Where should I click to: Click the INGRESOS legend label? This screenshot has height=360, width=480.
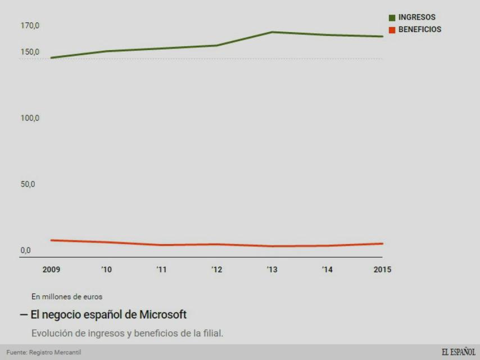point(416,17)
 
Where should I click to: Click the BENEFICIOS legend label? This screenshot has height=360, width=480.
point(420,29)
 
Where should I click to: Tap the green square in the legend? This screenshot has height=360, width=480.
point(392,18)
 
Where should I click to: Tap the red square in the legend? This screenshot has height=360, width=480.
point(392,30)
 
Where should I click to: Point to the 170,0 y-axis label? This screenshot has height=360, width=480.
point(30,26)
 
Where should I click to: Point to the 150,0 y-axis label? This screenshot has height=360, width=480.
point(30,52)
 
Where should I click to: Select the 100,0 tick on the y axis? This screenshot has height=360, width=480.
point(30,119)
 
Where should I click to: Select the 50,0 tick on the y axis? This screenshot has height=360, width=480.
point(28,184)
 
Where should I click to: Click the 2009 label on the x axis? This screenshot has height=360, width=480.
point(52,269)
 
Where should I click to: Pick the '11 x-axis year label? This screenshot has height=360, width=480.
point(161,269)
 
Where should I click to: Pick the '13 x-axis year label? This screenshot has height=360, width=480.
point(272,269)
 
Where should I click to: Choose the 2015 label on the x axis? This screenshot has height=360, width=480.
point(382,269)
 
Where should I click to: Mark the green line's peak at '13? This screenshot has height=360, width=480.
point(272,32)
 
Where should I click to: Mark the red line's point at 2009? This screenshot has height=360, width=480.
point(52,240)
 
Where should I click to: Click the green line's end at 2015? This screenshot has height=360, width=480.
point(382,37)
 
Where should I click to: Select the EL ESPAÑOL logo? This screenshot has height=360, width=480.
point(458,352)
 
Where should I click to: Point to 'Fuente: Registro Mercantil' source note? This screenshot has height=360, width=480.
point(44,353)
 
